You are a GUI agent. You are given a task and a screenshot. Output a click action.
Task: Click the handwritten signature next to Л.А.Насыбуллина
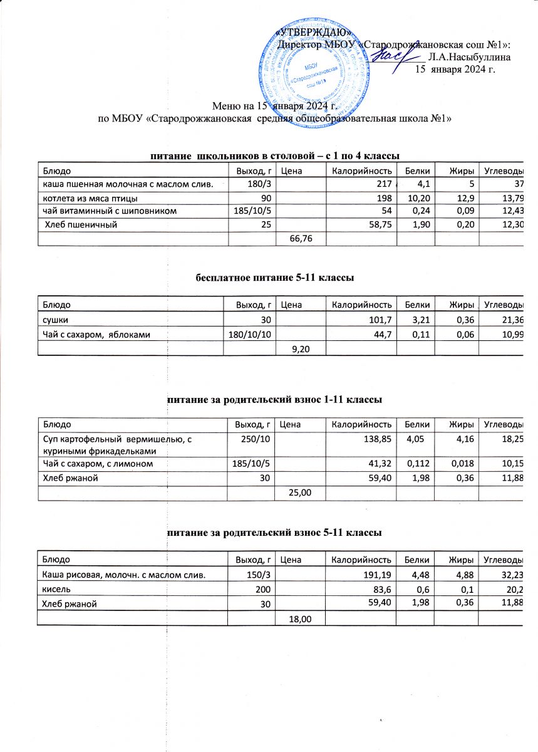click(396, 57)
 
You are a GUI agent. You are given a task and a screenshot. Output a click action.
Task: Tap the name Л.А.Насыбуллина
click(472, 56)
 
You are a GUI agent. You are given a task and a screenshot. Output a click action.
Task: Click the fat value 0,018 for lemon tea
click(460, 463)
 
